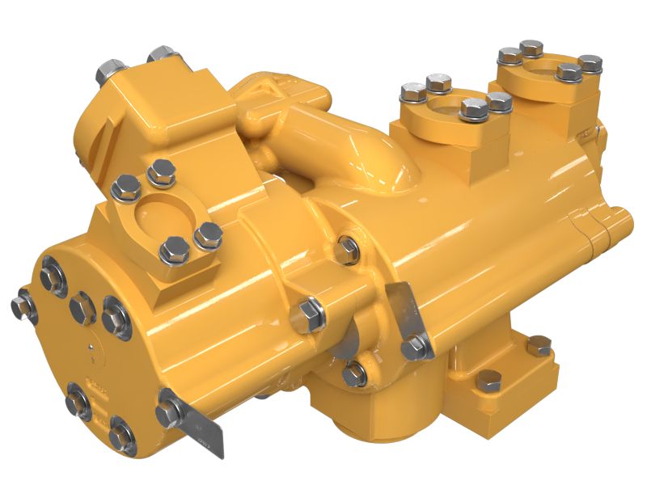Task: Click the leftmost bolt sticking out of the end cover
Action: point(20,305)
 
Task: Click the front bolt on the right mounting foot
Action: point(488,380)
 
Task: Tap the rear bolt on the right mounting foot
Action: point(538,345)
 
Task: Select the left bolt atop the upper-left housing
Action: point(110,74)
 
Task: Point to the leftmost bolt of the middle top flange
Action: point(412,93)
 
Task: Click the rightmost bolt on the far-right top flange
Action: point(590,63)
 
